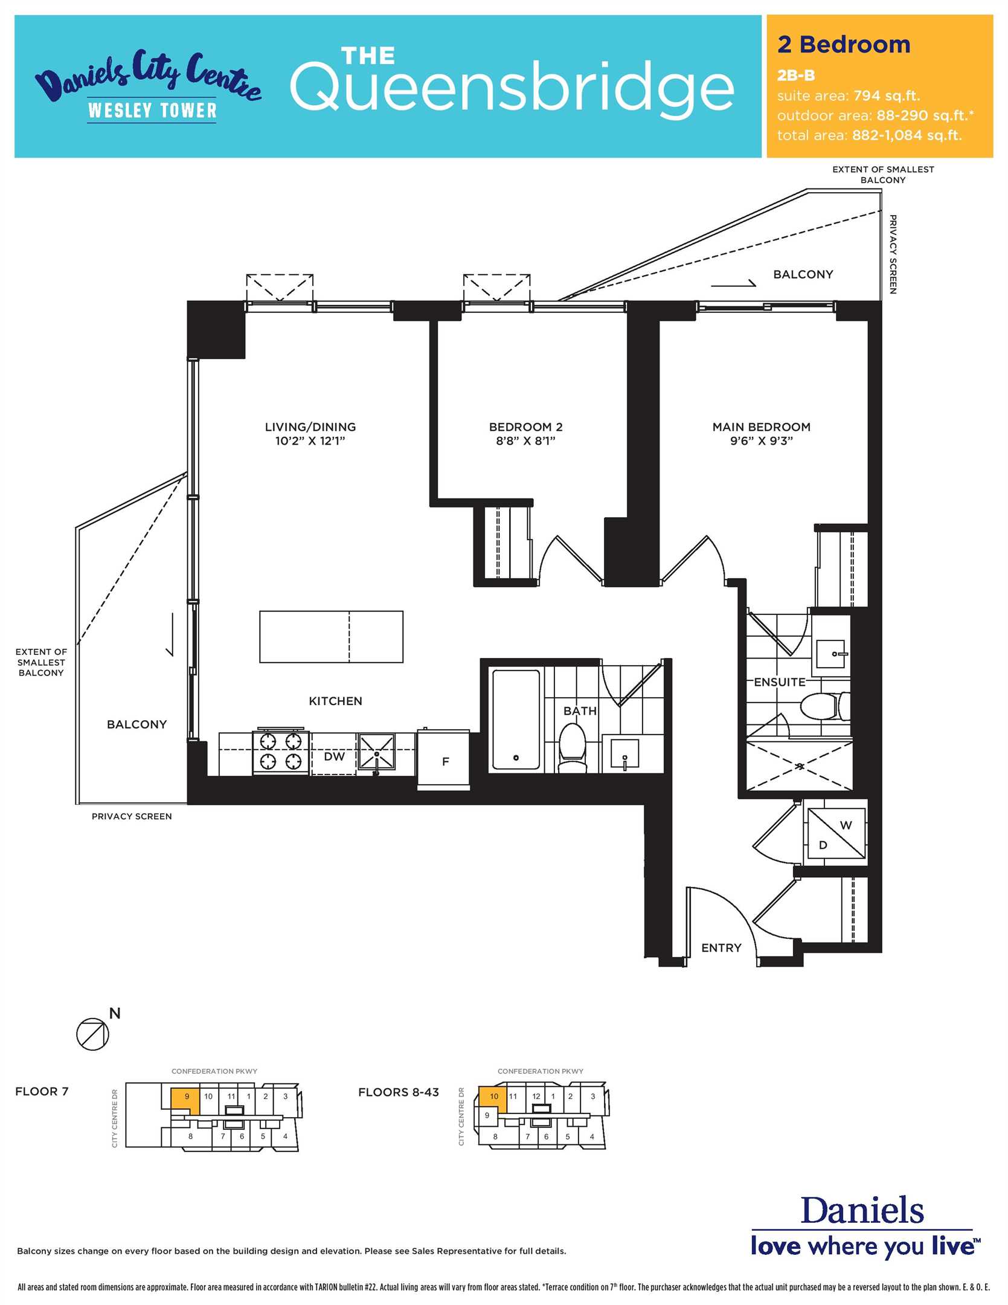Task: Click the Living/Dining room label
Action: tap(310, 427)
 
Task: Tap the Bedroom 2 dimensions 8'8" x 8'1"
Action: tap(525, 441)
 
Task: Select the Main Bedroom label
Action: tap(761, 427)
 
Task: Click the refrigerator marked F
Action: tap(443, 759)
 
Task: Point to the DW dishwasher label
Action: tap(334, 756)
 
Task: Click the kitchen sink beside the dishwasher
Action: tap(376, 752)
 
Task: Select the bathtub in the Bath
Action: tap(516, 719)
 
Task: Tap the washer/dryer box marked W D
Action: tap(836, 834)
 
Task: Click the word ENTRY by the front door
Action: tap(721, 948)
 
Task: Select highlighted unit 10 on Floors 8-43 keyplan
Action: tap(493, 1096)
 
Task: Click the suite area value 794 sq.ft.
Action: tap(887, 95)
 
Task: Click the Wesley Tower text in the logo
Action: tap(152, 110)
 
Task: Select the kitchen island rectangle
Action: tap(331, 637)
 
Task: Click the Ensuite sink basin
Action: tap(830, 654)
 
